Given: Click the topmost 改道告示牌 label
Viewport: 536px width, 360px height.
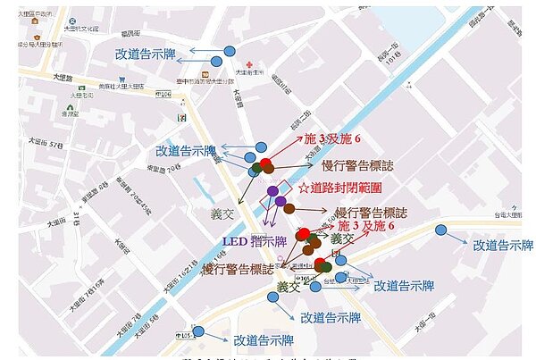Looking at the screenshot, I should tap(148, 54).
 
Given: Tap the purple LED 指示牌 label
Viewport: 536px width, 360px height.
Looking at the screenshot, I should tap(254, 241).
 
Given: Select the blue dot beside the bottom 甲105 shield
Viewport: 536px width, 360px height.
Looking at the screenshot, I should tap(198, 331).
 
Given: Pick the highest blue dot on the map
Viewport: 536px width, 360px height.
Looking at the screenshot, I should tap(230, 51).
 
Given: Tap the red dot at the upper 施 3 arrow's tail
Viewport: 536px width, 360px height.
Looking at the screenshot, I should tap(265, 163).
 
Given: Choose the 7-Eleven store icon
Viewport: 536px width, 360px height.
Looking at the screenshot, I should tap(181, 117).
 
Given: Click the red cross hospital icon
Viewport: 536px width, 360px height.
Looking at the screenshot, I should tap(253, 65).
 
